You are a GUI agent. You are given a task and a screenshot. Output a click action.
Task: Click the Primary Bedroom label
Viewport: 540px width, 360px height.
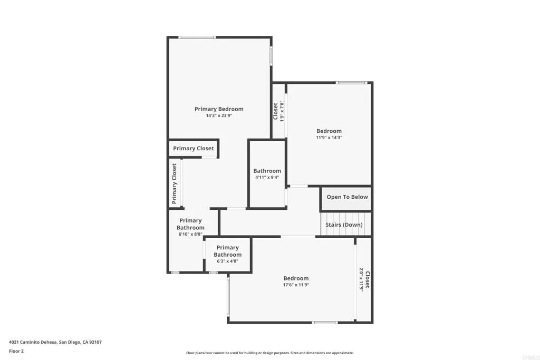click(219, 109)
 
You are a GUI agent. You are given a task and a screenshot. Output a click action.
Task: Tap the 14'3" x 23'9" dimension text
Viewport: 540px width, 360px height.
click(219, 115)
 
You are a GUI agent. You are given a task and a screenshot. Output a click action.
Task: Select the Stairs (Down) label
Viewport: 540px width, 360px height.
click(344, 225)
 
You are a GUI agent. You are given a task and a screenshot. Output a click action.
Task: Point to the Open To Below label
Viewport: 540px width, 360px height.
click(347, 197)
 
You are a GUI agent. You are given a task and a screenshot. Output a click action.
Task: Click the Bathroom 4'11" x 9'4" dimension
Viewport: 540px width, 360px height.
click(267, 177)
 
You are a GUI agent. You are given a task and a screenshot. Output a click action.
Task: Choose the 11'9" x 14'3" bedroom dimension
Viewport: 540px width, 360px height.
click(329, 138)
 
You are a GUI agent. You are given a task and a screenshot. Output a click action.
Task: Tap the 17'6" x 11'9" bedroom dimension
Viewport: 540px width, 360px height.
click(296, 285)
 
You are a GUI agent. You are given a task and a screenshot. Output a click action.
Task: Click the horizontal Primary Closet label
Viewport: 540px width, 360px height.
click(194, 149)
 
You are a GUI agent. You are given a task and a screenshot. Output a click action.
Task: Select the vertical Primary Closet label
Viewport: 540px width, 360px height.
click(174, 183)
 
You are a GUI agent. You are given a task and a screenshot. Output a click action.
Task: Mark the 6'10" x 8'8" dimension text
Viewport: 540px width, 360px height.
click(190, 234)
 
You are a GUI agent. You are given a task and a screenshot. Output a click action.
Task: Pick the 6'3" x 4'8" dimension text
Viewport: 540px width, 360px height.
click(227, 261)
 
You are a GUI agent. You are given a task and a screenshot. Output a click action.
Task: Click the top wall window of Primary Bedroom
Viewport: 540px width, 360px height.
click(197, 37)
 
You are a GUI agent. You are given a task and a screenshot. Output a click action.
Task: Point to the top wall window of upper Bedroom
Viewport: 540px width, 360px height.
click(351, 82)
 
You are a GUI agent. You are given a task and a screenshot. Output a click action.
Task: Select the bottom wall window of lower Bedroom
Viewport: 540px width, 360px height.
click(325, 322)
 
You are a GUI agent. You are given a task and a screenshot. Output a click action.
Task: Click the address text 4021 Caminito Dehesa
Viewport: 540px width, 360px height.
click(55, 342)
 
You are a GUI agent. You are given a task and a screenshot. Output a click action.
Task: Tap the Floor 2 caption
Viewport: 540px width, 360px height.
click(16, 351)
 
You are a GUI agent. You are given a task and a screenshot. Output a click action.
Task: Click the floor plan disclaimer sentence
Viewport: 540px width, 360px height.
click(269, 353)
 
